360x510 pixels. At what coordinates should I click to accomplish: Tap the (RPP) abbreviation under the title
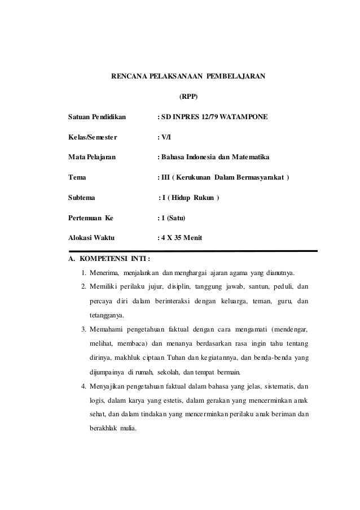pos(188,96)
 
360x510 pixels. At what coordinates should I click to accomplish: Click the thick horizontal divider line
pos(192,250)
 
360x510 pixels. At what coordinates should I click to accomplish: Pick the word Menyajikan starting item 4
pos(109,387)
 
